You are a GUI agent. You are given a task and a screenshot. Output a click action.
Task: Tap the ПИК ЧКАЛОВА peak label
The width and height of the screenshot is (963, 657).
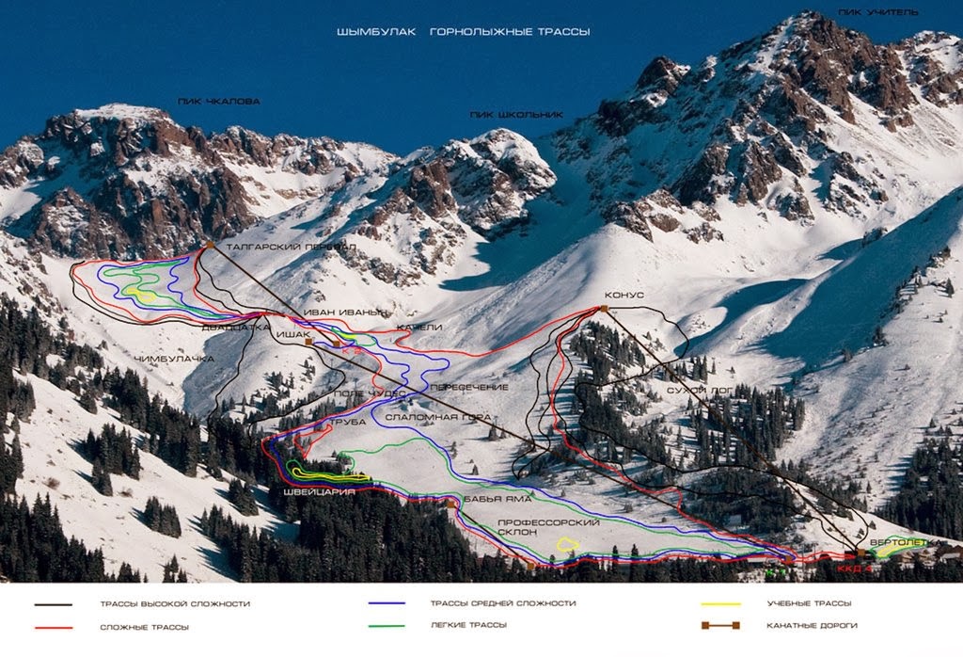[x=218, y=101]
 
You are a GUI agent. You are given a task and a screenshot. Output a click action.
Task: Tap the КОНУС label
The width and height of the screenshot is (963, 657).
[x=624, y=295]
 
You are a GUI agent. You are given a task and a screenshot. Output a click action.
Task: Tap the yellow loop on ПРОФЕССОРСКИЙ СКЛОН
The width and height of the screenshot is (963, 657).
[x=567, y=543]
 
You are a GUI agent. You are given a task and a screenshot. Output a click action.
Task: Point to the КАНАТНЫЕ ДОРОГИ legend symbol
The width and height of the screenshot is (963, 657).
[x=720, y=625]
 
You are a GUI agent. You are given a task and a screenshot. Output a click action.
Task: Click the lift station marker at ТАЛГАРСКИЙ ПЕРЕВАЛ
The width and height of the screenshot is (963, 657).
[x=209, y=245]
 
